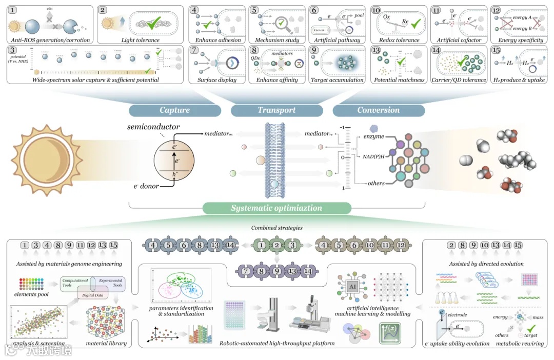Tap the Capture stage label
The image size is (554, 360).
click(174, 110)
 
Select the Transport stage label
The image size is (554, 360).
click(276, 110)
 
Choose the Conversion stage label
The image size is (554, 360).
click(378, 110)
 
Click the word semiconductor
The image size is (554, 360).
click(153, 126)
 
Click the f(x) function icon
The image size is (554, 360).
click(389, 333)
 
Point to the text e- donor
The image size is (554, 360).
click(147, 186)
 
